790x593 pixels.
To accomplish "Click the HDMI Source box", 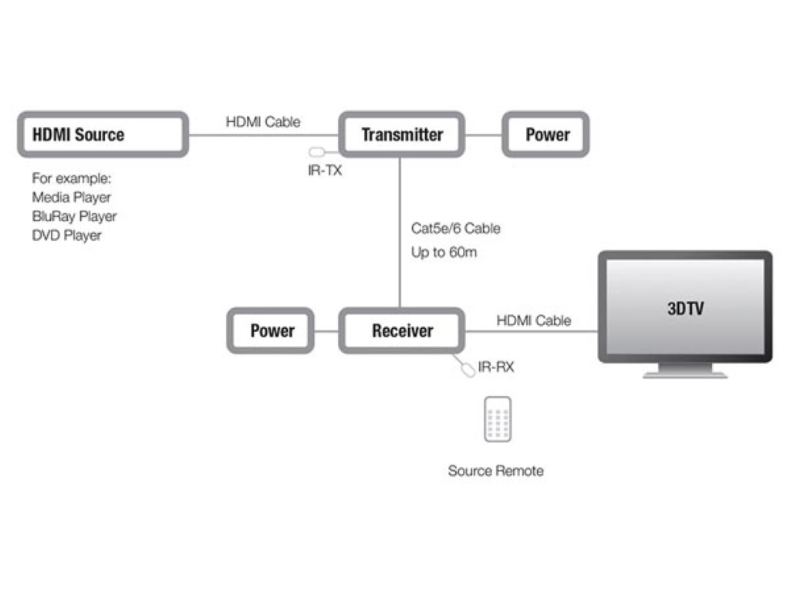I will click(x=102, y=135).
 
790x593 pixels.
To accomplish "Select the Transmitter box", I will click(x=402, y=135).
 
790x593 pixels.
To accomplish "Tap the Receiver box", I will click(x=402, y=331).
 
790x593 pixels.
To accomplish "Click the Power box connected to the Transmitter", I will click(x=547, y=135).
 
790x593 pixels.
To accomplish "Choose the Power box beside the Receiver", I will click(x=272, y=331).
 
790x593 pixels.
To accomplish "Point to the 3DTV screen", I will click(x=685, y=308).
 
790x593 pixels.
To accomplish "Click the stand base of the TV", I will click(x=685, y=374).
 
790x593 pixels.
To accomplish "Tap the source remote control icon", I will click(x=498, y=420).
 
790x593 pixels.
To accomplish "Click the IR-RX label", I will click(x=495, y=367).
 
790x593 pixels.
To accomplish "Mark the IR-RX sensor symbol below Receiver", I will click(x=468, y=369).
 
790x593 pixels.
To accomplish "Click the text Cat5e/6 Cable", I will click(x=455, y=229).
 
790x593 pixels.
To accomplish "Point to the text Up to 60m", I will click(x=444, y=252).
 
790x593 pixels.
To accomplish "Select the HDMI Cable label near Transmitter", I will click(x=263, y=122).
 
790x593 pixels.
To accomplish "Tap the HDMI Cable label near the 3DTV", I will click(x=534, y=320).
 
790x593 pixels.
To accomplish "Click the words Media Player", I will click(x=72, y=198).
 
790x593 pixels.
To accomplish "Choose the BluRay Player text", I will click(x=75, y=216).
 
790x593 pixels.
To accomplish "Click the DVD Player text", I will click(x=67, y=235).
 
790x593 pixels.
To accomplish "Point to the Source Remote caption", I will click(x=495, y=470).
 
